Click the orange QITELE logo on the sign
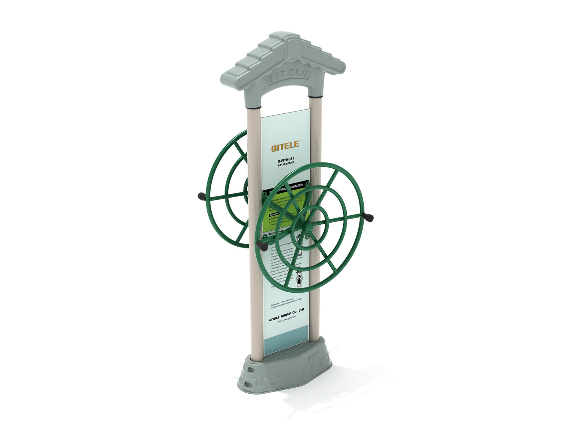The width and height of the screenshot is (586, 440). pyautogui.click(x=285, y=146)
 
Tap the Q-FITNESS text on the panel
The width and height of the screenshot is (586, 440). pyautogui.click(x=286, y=159)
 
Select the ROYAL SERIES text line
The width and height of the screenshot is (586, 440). pyautogui.click(x=286, y=164)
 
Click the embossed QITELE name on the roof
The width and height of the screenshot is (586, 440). pyautogui.click(x=289, y=76)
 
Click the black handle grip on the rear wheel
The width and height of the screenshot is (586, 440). pyautogui.click(x=201, y=197)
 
